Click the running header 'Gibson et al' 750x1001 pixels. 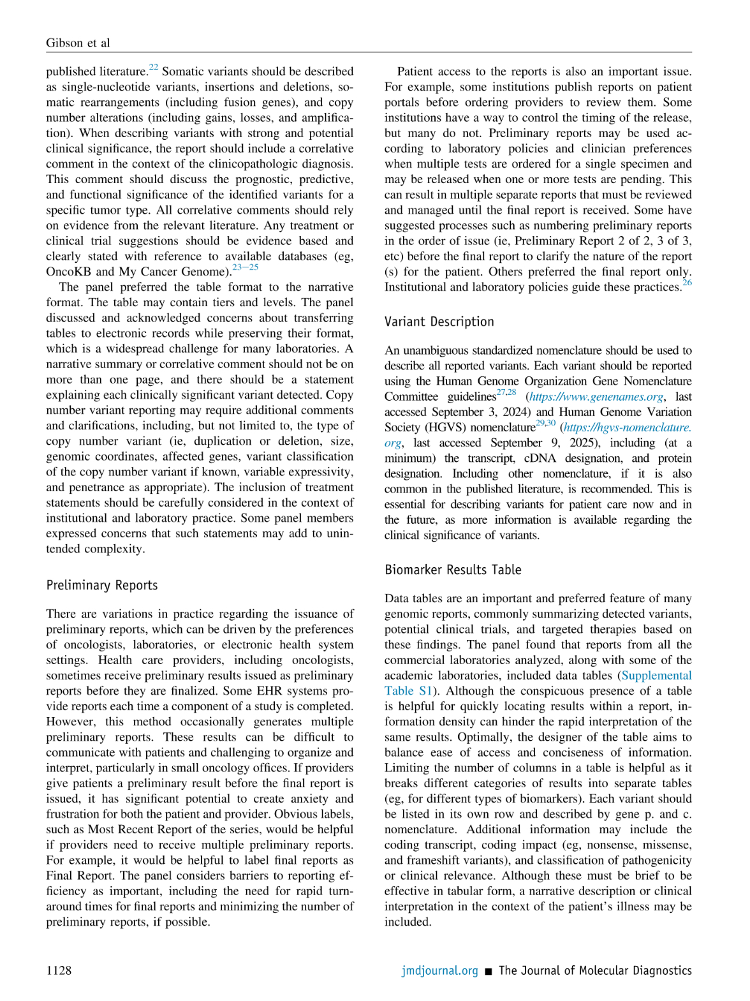tap(78, 43)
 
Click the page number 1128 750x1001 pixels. tap(59, 970)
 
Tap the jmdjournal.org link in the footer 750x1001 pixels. tap(439, 970)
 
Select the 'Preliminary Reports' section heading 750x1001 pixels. tap(102, 585)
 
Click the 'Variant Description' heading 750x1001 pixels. tap(439, 322)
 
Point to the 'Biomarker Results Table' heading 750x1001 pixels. tap(453, 570)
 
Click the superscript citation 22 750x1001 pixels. tap(153, 67)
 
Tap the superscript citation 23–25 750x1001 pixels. tap(246, 267)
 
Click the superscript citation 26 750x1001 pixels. tap(687, 283)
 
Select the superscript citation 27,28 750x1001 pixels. tap(506, 392)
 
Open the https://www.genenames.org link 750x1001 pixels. tap(596, 397)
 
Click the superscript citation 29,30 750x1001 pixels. tap(545, 423)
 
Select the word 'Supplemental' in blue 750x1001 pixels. tap(656, 676)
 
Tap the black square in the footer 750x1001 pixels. tap(489, 971)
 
